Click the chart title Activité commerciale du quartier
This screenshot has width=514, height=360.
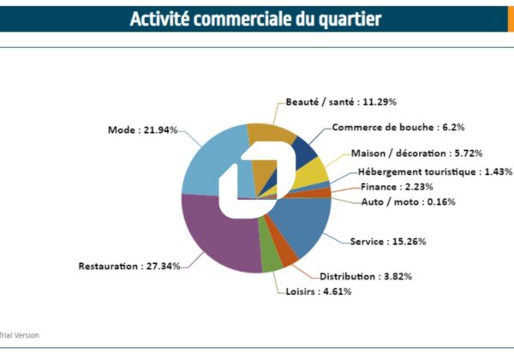[x=256, y=18]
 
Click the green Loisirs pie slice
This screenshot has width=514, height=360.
[x=272, y=261]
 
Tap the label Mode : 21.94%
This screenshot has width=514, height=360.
[x=143, y=129]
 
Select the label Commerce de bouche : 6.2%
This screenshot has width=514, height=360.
[x=386, y=128]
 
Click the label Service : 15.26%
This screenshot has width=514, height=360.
[x=387, y=242]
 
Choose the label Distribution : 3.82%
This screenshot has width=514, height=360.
[x=359, y=276]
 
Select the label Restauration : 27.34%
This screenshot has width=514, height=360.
[x=129, y=266]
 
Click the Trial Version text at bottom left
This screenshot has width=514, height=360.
[x=19, y=335]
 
